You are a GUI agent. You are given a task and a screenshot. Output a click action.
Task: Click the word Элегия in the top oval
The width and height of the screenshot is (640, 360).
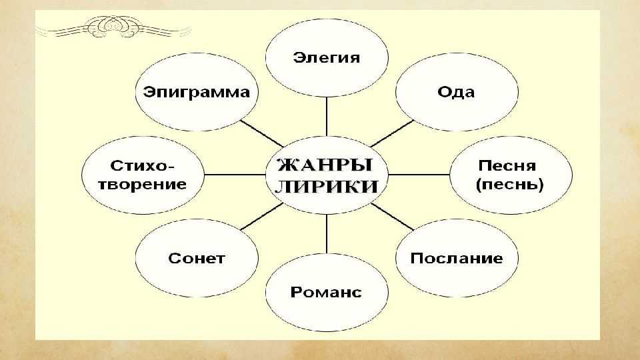coord(327,57)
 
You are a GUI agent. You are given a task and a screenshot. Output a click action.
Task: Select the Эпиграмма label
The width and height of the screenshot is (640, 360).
coord(196,92)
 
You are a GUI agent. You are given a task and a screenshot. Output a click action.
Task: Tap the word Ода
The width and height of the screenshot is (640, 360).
coord(456,92)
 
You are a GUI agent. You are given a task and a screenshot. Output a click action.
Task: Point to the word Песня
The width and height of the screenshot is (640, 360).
coord(507,166)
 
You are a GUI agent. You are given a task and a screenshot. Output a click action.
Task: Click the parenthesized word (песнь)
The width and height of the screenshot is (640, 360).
coord(510,185)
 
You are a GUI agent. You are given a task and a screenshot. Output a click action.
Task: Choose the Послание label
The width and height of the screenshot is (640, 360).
coord(456,258)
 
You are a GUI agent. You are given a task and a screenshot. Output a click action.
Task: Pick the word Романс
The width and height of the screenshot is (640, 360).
coord(326,292)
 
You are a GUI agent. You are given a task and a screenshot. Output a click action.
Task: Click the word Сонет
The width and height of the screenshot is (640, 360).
coord(196,259)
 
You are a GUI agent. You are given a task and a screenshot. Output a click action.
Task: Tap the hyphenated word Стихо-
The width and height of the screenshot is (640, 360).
coord(142,166)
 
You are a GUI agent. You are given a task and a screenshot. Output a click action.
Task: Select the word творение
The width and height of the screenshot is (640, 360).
coord(143,184)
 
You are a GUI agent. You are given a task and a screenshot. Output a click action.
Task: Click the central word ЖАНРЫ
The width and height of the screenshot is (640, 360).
coord(325,165)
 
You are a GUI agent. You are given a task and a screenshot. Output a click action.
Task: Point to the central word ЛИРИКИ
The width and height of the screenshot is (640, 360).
coord(327,187)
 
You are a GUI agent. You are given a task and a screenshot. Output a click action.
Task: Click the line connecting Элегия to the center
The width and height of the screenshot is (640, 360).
coord(327,116)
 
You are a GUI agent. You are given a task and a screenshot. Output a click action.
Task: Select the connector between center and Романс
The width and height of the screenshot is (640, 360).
coord(327,234)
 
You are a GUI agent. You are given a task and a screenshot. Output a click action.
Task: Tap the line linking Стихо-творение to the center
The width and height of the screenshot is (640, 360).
coord(235,175)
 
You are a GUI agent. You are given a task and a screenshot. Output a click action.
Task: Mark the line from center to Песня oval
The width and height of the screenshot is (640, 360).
coord(419,175)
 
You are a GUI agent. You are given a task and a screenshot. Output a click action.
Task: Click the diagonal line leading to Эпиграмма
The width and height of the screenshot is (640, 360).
coord(261,133)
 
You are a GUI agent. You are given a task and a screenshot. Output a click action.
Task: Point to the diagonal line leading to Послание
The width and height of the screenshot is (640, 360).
coord(392,216)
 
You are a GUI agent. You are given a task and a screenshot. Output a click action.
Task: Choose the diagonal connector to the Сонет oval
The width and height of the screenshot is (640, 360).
coord(261,216)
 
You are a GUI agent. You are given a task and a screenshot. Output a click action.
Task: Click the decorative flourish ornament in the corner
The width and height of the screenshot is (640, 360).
coord(113,27)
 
